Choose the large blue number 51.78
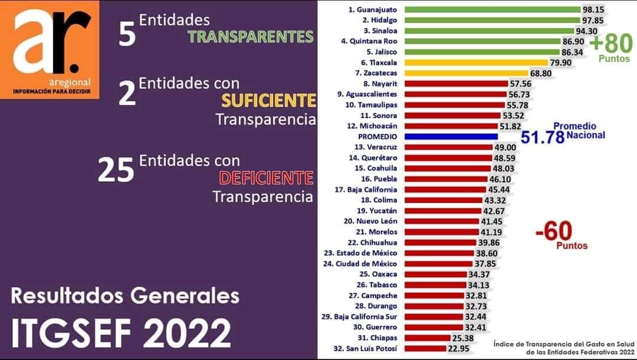(542, 139)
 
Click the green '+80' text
(610, 44)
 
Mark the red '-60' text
(554, 231)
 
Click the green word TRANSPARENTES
(251, 37)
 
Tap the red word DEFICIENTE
(266, 178)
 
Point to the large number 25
(116, 171)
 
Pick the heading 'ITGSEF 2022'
(121, 333)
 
